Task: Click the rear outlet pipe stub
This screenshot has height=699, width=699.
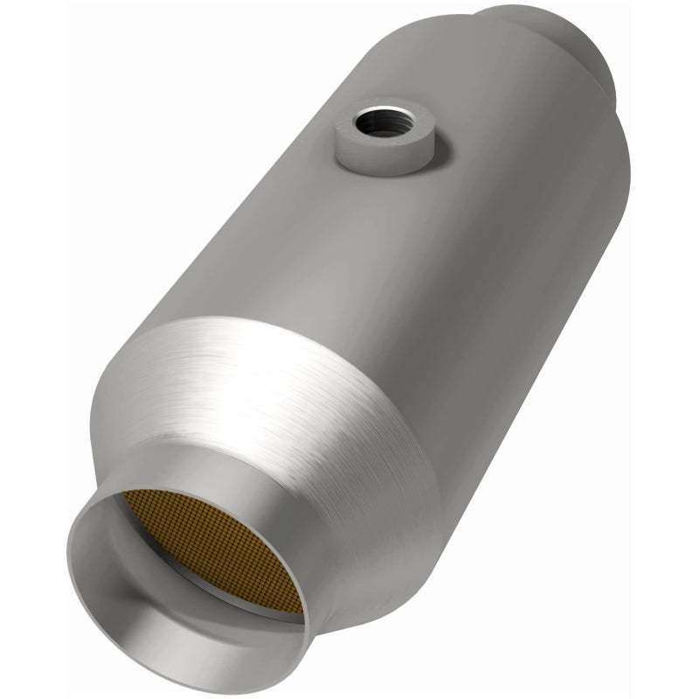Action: coord(568,44)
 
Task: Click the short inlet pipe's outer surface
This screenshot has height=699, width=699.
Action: coord(349,559)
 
